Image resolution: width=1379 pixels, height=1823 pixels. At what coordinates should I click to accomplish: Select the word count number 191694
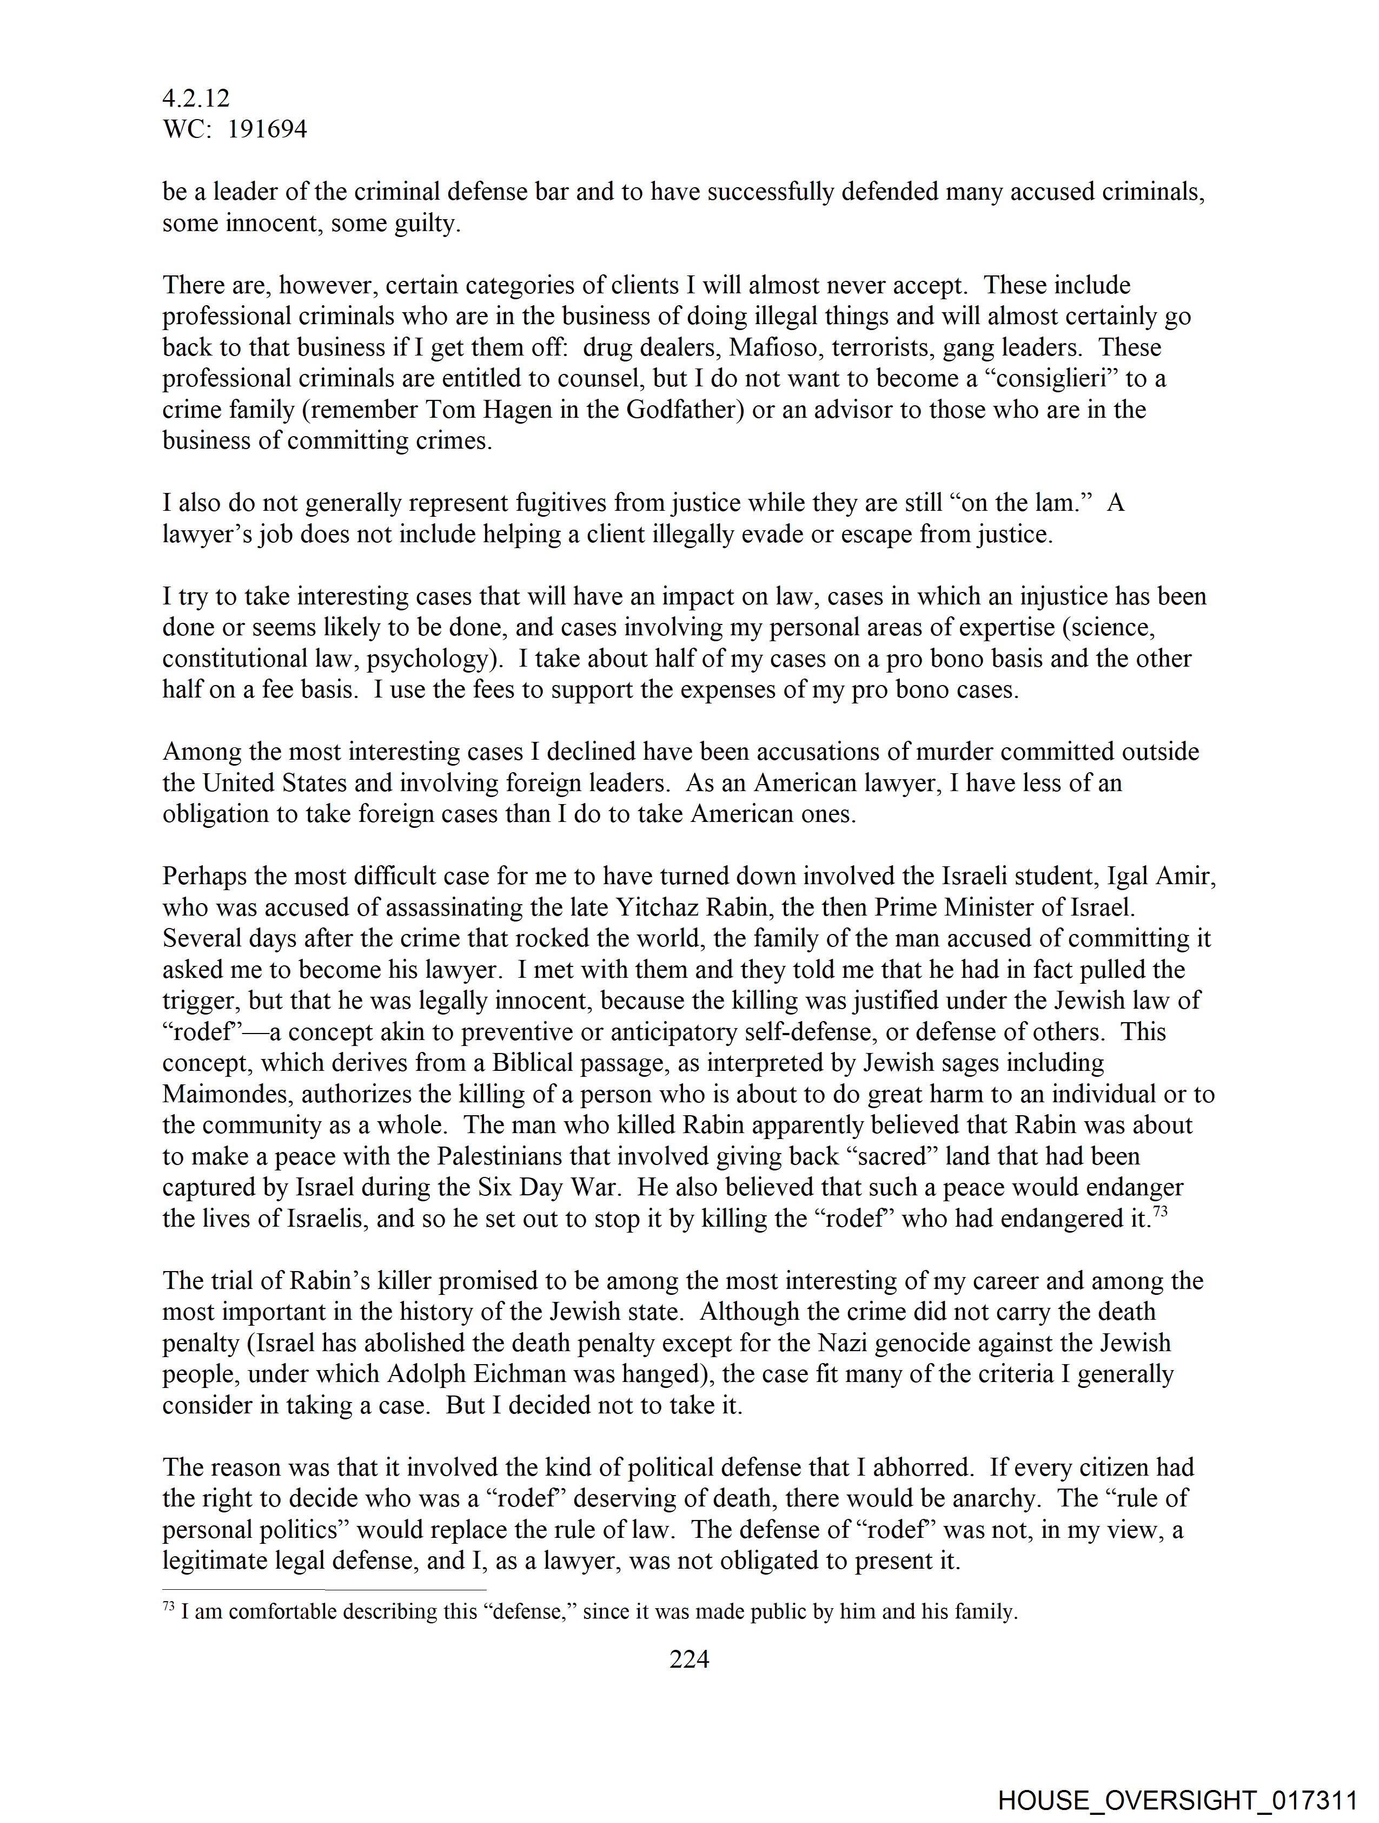click(267, 129)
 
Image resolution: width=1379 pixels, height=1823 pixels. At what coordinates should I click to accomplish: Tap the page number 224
click(688, 1658)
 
